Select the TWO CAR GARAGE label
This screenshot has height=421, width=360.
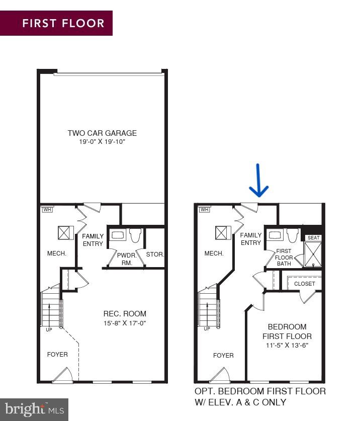(x=102, y=133)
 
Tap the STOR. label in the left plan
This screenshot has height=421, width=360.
(x=155, y=255)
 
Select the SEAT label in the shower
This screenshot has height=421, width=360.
(x=313, y=238)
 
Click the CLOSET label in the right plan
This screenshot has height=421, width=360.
(x=305, y=284)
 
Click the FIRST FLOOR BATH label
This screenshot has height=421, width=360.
(x=284, y=258)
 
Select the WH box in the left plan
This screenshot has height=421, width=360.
(x=47, y=209)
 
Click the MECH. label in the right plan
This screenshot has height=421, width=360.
(x=214, y=254)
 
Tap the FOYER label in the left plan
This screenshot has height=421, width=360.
(x=57, y=354)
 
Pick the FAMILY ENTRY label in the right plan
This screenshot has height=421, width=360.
(x=251, y=239)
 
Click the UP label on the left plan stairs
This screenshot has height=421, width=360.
(x=49, y=329)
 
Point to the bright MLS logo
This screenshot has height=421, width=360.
(x=34, y=409)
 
